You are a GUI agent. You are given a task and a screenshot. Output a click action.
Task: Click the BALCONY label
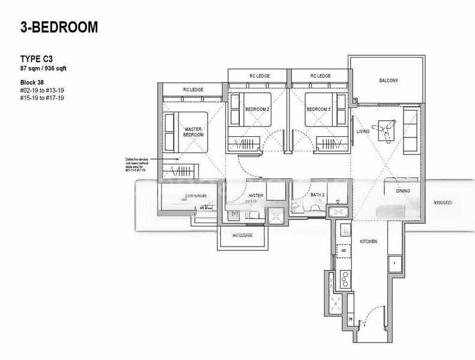389,80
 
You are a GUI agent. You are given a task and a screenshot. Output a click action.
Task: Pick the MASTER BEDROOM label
193,132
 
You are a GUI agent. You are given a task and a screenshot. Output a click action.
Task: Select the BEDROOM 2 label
258,110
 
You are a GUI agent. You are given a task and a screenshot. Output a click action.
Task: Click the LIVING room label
363,131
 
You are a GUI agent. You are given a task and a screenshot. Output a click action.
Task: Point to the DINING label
404,191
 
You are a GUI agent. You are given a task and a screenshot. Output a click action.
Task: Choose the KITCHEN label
368,241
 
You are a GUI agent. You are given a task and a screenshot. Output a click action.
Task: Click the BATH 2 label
318,195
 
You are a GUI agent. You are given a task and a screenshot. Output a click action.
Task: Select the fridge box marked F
394,263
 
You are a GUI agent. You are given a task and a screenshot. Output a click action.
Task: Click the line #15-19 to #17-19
43,97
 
